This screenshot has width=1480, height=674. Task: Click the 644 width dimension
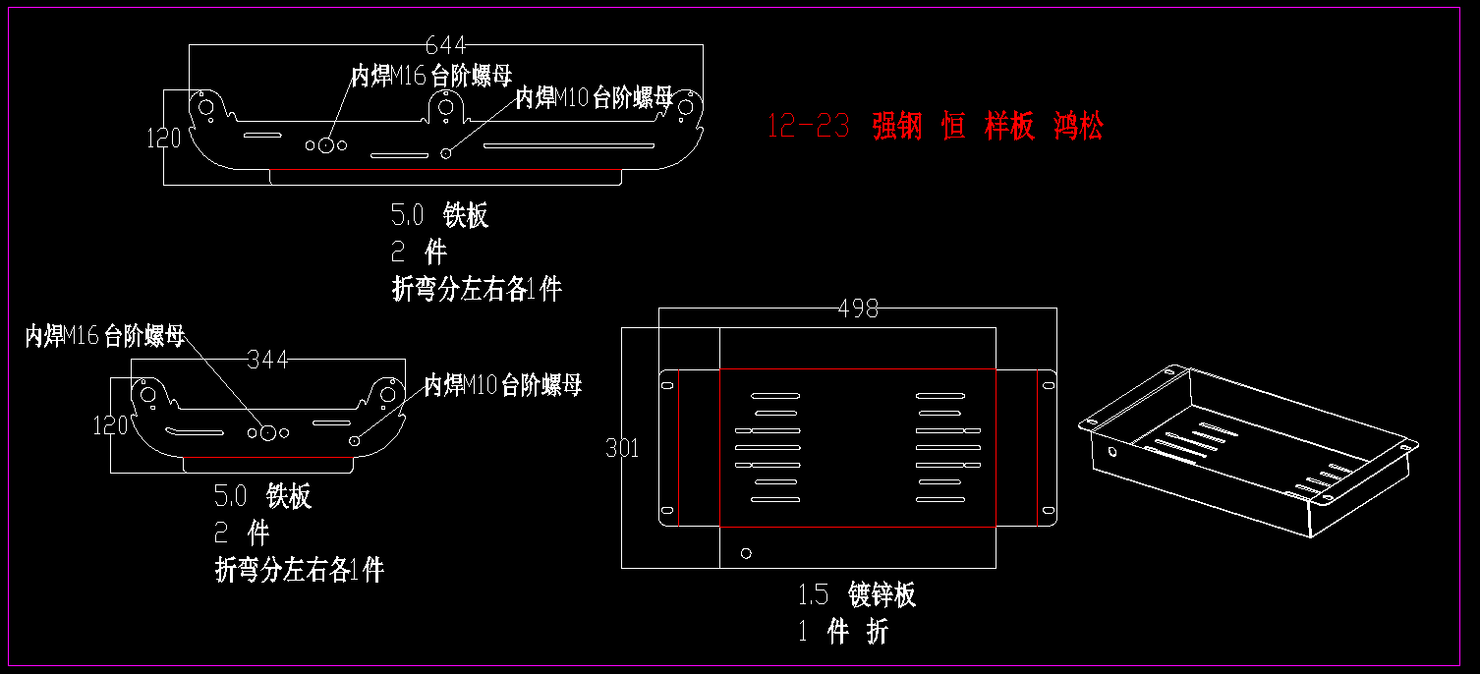click(445, 45)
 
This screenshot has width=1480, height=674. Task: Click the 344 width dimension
click(267, 360)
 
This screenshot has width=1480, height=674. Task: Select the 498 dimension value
click(857, 309)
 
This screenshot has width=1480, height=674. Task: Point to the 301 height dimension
click(622, 449)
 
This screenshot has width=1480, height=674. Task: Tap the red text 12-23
click(808, 126)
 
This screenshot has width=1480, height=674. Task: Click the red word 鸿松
click(1078, 126)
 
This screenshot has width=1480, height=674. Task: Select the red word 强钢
click(897, 126)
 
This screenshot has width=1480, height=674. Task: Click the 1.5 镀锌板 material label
click(857, 594)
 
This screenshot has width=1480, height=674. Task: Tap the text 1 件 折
click(843, 632)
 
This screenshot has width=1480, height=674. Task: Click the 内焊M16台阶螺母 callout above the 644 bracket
click(431, 76)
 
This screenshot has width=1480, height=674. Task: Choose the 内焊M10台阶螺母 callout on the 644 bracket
click(595, 97)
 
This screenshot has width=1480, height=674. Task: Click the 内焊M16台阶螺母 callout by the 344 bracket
click(105, 336)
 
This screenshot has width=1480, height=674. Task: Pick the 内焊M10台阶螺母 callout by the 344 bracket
click(503, 384)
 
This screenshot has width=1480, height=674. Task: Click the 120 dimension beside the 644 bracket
click(164, 139)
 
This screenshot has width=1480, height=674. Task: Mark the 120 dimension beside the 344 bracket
click(110, 425)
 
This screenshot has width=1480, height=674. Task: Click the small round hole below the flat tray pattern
click(746, 553)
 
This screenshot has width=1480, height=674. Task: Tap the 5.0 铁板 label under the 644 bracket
click(439, 215)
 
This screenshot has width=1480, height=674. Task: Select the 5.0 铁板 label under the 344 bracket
click(262, 496)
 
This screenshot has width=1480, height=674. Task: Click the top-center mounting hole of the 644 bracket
click(445, 106)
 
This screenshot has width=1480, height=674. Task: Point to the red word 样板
click(1009, 126)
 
